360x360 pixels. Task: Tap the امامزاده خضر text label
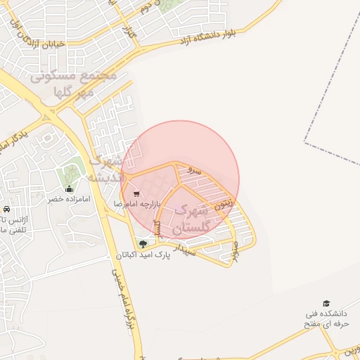click(70, 200)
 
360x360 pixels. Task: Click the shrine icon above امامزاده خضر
click(69, 188)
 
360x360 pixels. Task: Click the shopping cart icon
click(136, 193)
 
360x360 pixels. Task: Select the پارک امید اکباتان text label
click(143, 255)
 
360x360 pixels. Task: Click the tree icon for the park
click(143, 244)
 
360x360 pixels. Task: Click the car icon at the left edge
click(6, 210)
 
